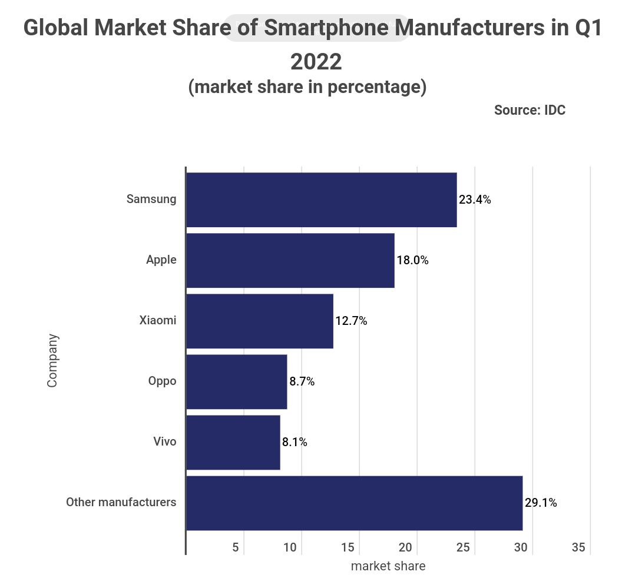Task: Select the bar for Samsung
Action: click(x=322, y=200)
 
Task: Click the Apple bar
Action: click(x=290, y=260)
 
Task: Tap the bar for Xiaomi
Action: click(x=260, y=321)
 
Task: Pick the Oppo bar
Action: click(x=237, y=381)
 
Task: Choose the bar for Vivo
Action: click(x=233, y=442)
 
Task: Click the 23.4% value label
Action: click(x=475, y=200)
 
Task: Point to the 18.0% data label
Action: click(x=412, y=260)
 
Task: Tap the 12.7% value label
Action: click(x=351, y=321)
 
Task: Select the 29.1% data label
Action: click(x=541, y=503)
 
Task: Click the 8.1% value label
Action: click(x=295, y=442)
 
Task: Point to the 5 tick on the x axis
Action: click(x=236, y=547)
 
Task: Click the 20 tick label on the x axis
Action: click(x=405, y=547)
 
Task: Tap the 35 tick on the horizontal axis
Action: click(x=578, y=547)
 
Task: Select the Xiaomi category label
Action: click(x=158, y=321)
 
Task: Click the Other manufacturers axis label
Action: click(x=121, y=503)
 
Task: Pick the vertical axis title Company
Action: click(x=53, y=360)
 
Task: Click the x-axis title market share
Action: click(x=388, y=566)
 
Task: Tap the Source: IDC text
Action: click(x=530, y=110)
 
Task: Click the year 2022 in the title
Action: click(x=316, y=61)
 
